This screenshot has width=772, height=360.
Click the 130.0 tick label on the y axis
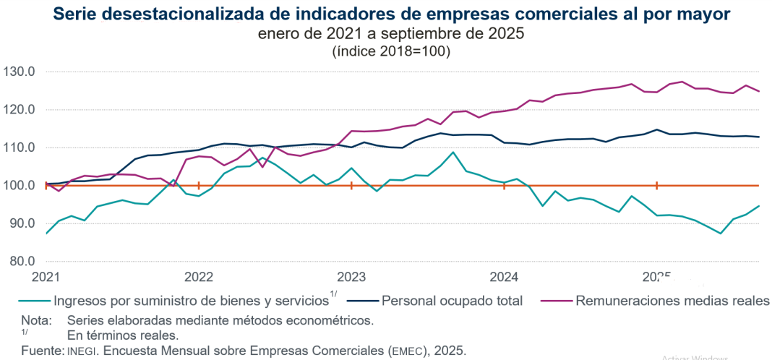coord(21,72)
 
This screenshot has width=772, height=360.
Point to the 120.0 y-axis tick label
coord(21,110)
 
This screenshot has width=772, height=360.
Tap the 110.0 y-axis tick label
coord(21,147)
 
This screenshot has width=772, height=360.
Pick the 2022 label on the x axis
coord(198,278)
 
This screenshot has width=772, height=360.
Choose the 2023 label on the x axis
coord(351,278)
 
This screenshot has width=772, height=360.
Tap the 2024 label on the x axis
coord(504,278)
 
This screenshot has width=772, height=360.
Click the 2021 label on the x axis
coord(46,278)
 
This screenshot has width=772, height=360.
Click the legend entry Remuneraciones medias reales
coord(672,300)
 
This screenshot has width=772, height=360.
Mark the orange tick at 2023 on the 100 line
coord(351,186)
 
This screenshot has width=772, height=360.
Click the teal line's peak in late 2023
coord(453,152)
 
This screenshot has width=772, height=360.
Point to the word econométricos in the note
coord(337,320)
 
